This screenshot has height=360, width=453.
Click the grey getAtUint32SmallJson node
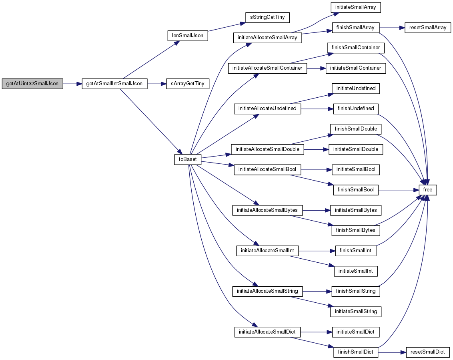click(32, 84)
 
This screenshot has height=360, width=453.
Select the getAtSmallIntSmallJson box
click(114, 84)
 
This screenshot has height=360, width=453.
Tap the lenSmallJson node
click(188, 36)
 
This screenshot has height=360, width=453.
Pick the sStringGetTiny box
click(267, 17)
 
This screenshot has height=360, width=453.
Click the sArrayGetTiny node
click(188, 84)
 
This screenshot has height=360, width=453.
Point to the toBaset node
click(188, 159)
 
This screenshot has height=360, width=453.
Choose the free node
click(427, 190)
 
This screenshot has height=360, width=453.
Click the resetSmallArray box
click(428, 28)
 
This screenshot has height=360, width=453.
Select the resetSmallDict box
click(428, 352)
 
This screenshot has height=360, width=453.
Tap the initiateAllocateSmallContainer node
click(268, 68)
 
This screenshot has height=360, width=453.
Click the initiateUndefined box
click(356, 88)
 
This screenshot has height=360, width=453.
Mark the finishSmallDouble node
click(356, 129)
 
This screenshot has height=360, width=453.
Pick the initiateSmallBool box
click(356, 169)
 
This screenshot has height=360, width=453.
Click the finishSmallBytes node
click(356, 230)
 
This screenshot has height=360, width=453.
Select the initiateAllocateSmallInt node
click(268, 250)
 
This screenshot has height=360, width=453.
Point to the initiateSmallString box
click(356, 312)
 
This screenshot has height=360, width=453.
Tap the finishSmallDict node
click(356, 352)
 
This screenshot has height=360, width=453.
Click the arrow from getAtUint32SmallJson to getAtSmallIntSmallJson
click(72, 84)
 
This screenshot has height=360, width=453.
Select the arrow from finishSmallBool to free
click(399, 190)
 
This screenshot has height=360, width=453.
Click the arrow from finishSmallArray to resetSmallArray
click(392, 28)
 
